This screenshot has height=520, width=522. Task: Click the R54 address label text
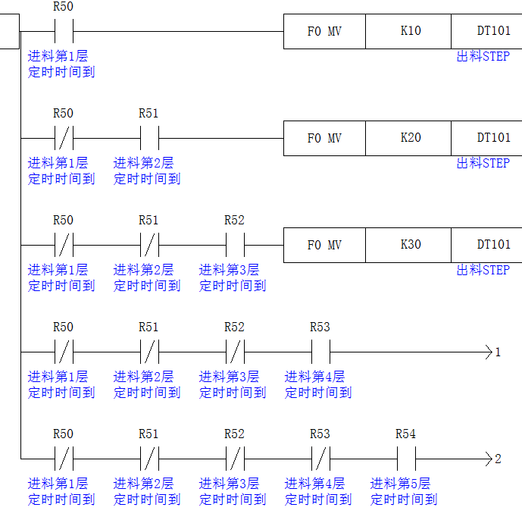pyautogui.click(x=405, y=434)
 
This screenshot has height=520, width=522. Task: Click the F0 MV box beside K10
pyautogui.click(x=324, y=32)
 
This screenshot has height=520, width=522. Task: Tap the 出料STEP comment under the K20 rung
pyautogui.click(x=483, y=163)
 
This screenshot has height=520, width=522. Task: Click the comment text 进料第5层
pyautogui.click(x=401, y=483)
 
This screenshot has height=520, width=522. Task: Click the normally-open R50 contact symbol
pyautogui.click(x=63, y=32)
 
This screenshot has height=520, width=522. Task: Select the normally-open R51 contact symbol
pyautogui.click(x=148, y=139)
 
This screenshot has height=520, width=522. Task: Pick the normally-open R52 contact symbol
pyautogui.click(x=234, y=246)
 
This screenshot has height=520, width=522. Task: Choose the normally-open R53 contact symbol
pyautogui.click(x=320, y=352)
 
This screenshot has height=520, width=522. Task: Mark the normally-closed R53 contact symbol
pyautogui.click(x=320, y=459)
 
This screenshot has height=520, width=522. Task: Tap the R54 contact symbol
pyautogui.click(x=405, y=459)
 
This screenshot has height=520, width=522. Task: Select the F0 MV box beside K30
pyautogui.click(x=324, y=246)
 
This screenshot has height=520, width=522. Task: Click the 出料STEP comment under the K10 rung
pyautogui.click(x=483, y=56)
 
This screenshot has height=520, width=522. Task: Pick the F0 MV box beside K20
pyautogui.click(x=324, y=139)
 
